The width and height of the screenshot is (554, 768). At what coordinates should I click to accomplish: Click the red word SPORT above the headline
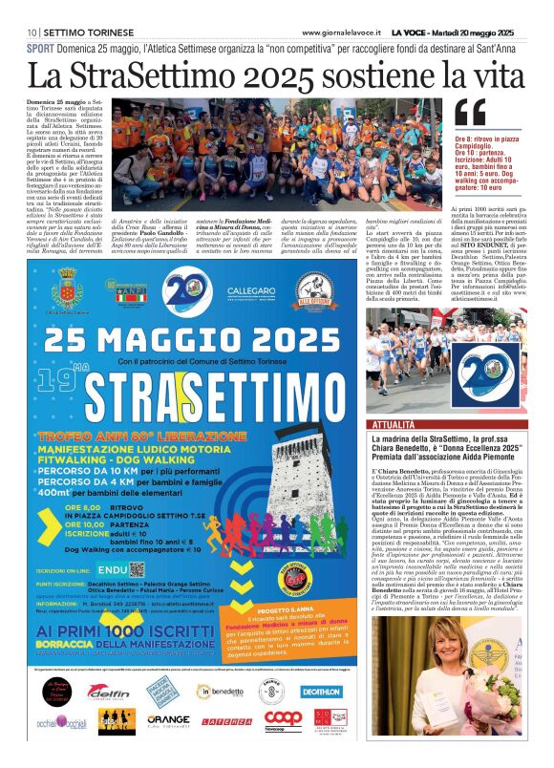coord(39,47)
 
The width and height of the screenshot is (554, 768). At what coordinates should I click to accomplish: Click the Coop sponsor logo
coord(283,717)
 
